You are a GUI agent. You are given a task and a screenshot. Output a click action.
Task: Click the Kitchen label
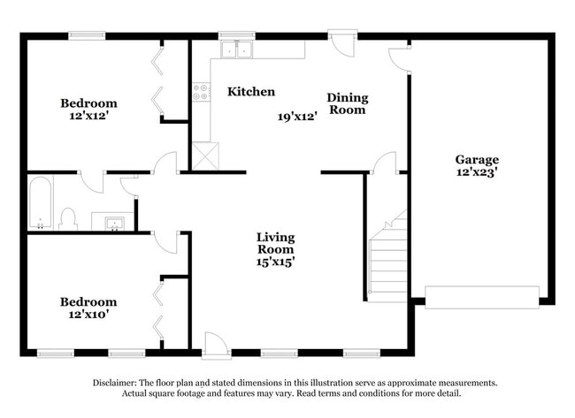[x=251, y=92]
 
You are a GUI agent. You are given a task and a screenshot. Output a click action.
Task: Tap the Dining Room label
[x=347, y=103]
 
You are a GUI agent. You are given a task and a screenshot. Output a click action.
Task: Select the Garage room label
[x=477, y=159]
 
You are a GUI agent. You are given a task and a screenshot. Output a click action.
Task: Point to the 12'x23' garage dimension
[x=477, y=172]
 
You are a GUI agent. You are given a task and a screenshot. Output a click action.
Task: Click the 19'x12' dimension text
[x=296, y=116]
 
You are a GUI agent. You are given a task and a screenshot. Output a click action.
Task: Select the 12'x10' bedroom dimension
[x=88, y=314]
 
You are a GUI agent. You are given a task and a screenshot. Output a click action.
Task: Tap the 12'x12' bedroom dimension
[x=88, y=115]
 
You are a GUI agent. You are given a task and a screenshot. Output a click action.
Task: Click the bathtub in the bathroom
[x=41, y=202]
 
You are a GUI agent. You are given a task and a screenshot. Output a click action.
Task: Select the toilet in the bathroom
[x=68, y=218]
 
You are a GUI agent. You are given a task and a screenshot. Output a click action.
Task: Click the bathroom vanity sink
[x=113, y=222]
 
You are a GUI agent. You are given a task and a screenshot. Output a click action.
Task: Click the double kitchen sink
[x=236, y=49]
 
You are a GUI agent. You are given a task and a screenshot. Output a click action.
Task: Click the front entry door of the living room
[x=215, y=346]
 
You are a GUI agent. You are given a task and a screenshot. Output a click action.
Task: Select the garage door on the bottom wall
[x=482, y=297]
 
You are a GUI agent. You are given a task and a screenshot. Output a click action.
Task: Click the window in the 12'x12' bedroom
[x=88, y=35]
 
